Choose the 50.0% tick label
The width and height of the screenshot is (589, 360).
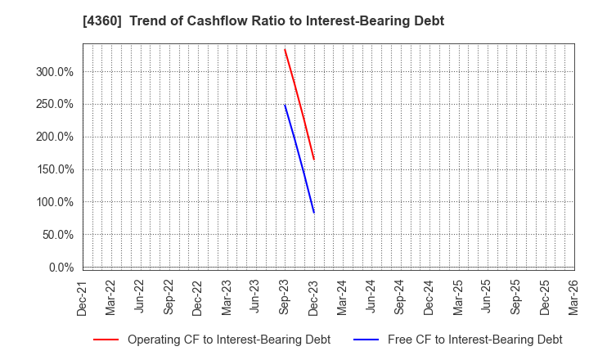58,235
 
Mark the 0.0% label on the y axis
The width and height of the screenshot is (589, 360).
61,268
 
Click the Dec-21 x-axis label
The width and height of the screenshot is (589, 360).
83,298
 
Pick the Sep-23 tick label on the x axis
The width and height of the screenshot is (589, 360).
285,298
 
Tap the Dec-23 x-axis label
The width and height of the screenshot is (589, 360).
313,298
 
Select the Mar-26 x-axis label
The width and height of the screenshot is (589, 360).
573,298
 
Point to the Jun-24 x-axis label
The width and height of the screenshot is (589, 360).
371,298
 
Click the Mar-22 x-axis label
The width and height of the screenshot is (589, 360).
111,298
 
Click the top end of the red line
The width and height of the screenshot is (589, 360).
285,50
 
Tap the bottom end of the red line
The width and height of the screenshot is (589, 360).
313,160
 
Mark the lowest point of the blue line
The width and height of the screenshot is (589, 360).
313,213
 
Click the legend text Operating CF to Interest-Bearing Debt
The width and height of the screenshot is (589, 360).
229,340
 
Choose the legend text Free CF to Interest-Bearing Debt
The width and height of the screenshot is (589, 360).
474,340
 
